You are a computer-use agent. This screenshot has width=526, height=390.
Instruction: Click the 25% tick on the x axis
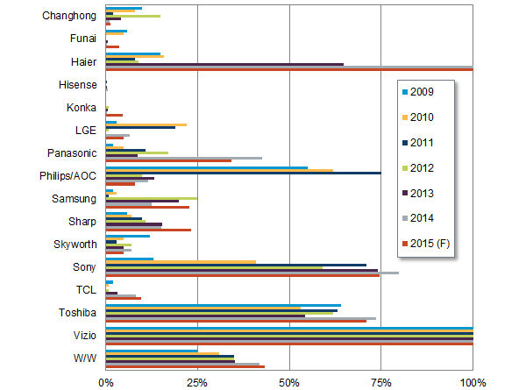click(x=197, y=382)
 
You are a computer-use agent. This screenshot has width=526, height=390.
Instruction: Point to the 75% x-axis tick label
click(x=381, y=382)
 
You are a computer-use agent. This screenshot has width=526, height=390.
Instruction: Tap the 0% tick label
click(x=105, y=382)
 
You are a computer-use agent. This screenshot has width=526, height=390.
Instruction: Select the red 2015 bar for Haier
click(x=289, y=68)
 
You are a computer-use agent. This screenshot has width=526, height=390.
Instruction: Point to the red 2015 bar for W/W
click(x=185, y=366)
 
